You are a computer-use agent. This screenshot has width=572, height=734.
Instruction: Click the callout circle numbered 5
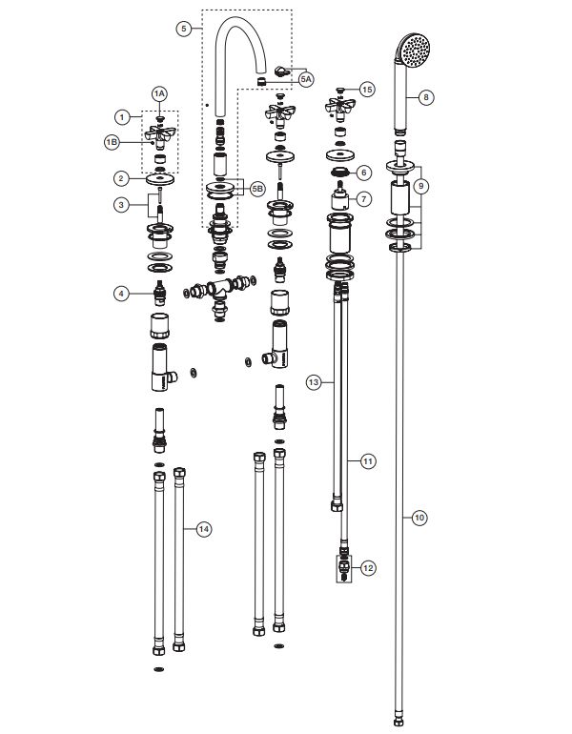click(183, 29)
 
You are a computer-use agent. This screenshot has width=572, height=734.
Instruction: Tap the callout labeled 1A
click(159, 93)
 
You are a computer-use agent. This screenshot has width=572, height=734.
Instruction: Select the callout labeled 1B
click(112, 142)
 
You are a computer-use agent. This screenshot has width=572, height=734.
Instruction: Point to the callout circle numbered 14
click(203, 529)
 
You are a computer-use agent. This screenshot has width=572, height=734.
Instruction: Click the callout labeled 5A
click(306, 79)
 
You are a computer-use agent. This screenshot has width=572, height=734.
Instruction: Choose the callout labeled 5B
click(257, 189)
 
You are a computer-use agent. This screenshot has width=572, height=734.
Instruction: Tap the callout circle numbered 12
click(368, 568)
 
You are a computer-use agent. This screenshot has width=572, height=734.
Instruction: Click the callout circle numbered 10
click(419, 518)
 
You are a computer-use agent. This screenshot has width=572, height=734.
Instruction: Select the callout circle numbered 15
click(367, 89)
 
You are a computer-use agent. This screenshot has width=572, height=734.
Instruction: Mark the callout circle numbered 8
click(425, 97)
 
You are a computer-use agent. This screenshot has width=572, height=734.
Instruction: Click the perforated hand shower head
click(413, 50)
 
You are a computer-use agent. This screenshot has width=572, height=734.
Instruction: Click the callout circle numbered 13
click(314, 382)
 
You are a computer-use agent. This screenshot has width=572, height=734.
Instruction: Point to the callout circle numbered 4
click(121, 294)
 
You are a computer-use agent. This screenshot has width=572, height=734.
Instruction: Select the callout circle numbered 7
click(364, 199)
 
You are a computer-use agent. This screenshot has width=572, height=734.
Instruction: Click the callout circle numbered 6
click(364, 173)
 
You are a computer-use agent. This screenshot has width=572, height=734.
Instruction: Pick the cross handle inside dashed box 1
click(160, 135)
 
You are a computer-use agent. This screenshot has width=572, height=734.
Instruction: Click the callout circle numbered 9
click(420, 186)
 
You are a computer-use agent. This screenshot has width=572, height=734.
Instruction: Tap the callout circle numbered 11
click(368, 461)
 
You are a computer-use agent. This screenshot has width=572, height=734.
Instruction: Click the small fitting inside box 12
click(344, 568)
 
